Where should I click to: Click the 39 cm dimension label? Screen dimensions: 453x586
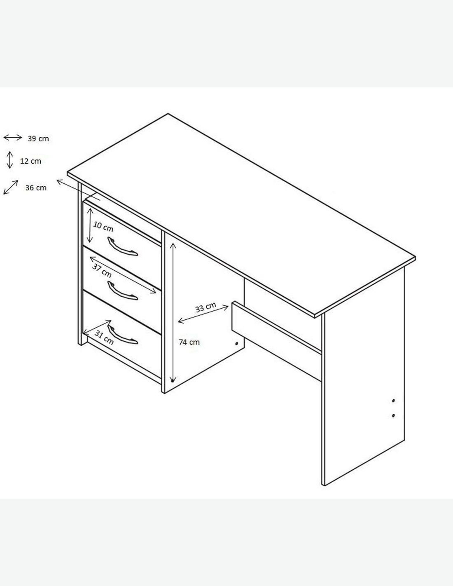[x=38, y=138]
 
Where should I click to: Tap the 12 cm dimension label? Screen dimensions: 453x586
[x=31, y=161]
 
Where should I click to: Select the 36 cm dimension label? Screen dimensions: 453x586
[x=36, y=188]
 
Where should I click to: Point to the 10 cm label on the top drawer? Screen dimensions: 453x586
[x=103, y=227]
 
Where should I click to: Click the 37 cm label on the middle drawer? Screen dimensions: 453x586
[x=102, y=270]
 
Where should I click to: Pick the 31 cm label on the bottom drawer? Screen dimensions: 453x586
[x=104, y=338]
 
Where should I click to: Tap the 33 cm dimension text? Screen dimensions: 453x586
[x=205, y=307]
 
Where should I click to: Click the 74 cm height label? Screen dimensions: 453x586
[x=189, y=342]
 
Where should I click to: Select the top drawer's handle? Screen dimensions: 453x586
[x=123, y=246]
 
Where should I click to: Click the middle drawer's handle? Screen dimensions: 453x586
[x=123, y=291]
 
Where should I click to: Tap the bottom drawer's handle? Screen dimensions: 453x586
[x=123, y=335]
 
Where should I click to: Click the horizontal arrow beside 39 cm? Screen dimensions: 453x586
[x=13, y=138]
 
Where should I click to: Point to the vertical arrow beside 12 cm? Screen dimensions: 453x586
[x=10, y=160]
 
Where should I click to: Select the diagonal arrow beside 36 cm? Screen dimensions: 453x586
[x=11, y=187]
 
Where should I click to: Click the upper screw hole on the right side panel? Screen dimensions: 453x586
[x=393, y=408]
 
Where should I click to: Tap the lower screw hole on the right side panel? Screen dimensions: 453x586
[x=393, y=423]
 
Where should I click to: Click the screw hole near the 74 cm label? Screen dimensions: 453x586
[x=237, y=343]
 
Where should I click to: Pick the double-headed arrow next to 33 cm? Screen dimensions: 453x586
[x=203, y=314]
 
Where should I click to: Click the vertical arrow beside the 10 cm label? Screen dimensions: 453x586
[x=90, y=225]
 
